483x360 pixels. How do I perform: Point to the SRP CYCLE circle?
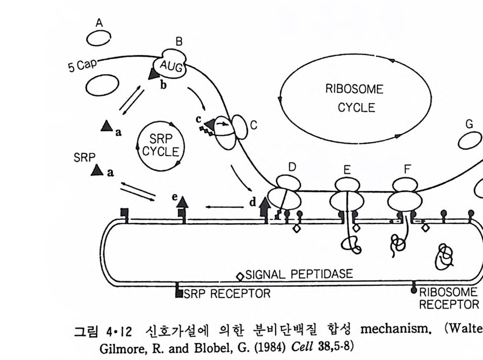click(160, 146)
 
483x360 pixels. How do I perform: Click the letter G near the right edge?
click(469, 124)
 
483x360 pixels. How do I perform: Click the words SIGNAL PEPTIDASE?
click(299, 274)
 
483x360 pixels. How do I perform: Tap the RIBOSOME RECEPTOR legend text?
click(449, 298)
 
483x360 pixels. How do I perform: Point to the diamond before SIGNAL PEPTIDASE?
click(239, 276)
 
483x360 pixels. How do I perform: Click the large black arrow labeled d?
click(266, 207)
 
